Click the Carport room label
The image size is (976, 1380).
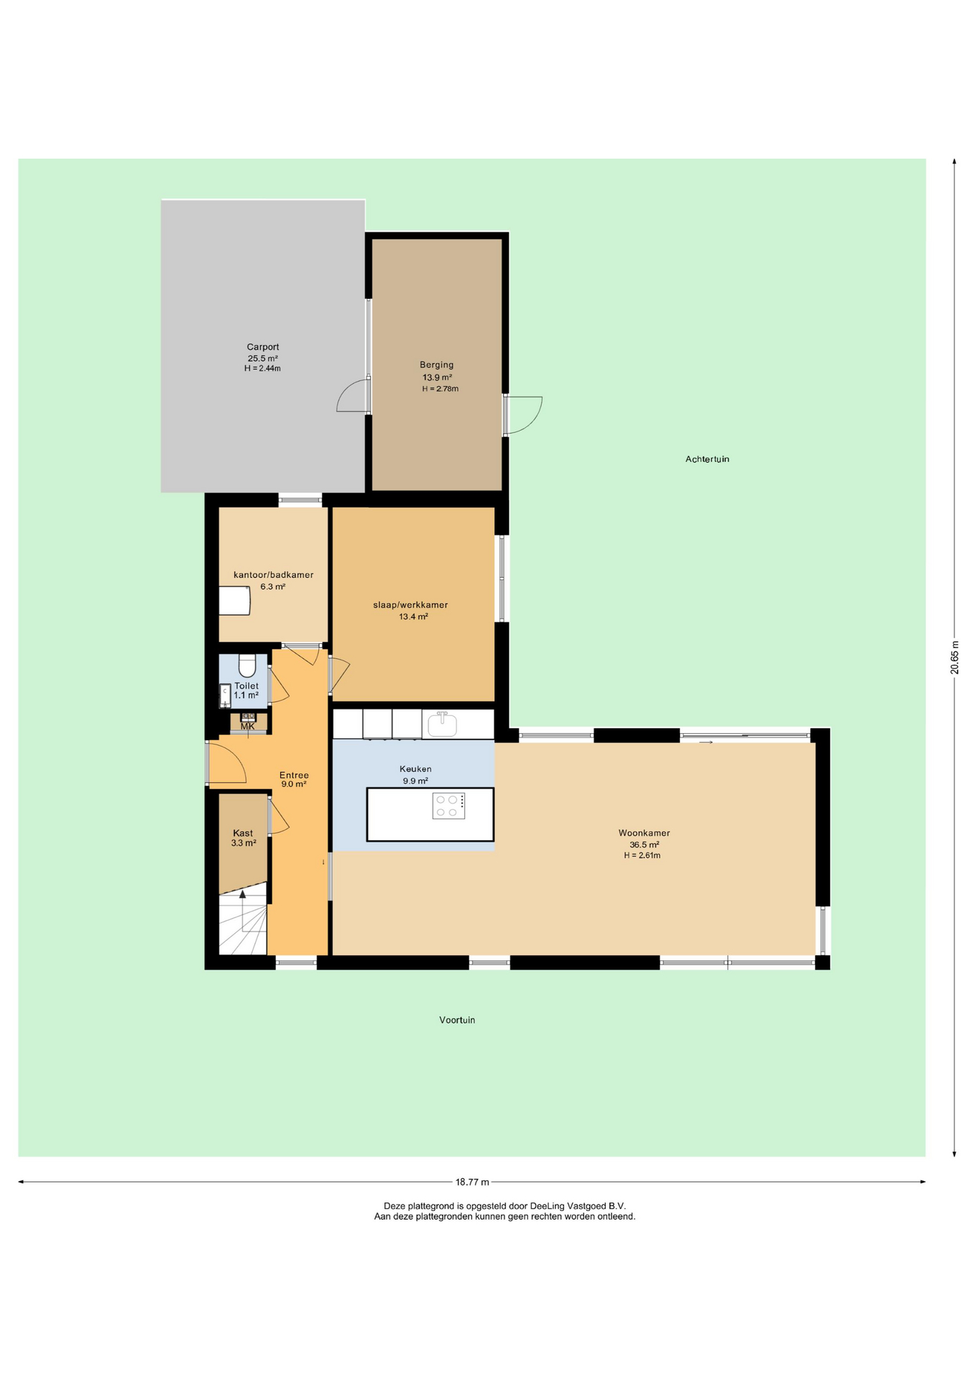pos(262,346)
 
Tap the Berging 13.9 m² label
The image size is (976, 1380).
pos(438,371)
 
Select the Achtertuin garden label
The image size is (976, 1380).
pos(707,459)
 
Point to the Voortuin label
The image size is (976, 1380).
pos(457,1019)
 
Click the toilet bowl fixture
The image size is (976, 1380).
pos(247,666)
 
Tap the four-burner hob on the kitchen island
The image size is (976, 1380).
pos(448,806)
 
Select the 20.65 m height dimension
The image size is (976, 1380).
pos(954,657)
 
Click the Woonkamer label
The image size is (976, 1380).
pos(644,833)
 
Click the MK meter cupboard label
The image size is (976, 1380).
pos(247,726)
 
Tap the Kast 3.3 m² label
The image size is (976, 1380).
pos(244,838)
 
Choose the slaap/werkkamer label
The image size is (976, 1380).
pos(410,604)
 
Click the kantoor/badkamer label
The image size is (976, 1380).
pos(273,574)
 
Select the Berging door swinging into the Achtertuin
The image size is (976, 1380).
pos(522,415)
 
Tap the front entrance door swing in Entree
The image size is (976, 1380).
pos(226,762)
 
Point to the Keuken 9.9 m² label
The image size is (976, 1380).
pos(415,774)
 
